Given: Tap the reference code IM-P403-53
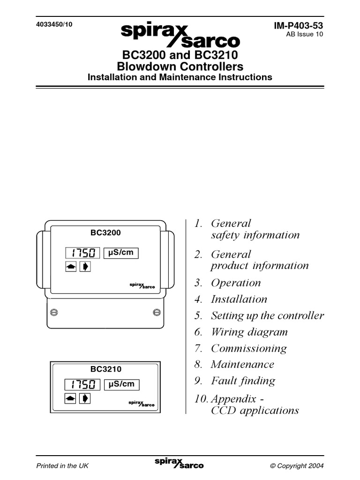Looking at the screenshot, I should pos(299,26).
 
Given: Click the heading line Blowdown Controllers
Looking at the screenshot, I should pos(180,66).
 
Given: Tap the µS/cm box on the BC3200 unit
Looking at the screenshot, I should pos(121,253).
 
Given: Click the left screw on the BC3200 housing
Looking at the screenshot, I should pos(54,311).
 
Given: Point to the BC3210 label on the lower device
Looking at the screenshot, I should pos(105,369).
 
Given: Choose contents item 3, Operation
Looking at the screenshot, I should pos(236,283).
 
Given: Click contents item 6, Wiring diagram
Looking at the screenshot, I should pos(249,332).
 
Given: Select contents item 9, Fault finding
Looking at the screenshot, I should pos(243,381).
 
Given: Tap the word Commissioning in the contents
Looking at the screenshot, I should pos(248,348).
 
